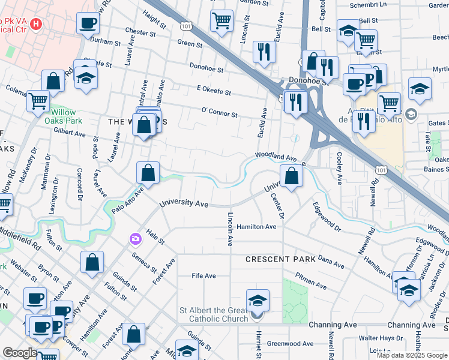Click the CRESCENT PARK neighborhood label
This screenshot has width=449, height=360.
[x=280, y=259]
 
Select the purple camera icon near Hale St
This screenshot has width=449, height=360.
[x=135, y=239]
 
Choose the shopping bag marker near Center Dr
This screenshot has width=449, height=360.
[x=291, y=176]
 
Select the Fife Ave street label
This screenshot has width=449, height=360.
[x=203, y=276]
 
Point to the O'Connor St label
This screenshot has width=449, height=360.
[x=219, y=112]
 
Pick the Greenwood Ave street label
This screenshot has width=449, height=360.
[x=290, y=344]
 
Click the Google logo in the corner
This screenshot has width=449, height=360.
[x=20, y=353]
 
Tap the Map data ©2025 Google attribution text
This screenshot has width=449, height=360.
[x=412, y=355]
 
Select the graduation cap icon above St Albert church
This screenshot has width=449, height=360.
[x=257, y=300]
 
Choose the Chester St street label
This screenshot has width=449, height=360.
[x=140, y=31]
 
